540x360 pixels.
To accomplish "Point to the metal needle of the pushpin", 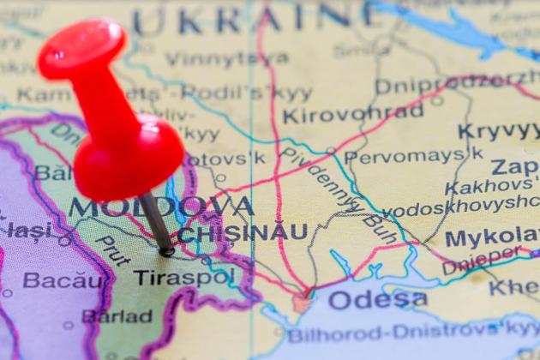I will pyautogui.click(x=156, y=221).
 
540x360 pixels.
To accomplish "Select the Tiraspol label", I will pyautogui.click(x=183, y=277).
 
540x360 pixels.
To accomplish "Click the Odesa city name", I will pyautogui.click(x=377, y=299).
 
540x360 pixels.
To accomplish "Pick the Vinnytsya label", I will pyautogui.click(x=227, y=58).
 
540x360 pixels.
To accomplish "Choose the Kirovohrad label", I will pyautogui.click(x=353, y=114).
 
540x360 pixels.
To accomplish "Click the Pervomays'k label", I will pyautogui.click(x=414, y=156).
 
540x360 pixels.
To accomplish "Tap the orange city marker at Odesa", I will pyautogui.click(x=301, y=303).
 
